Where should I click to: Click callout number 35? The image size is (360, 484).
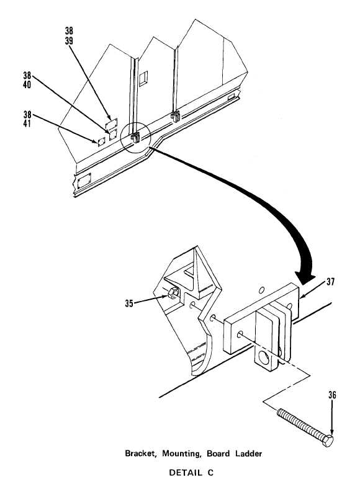click(x=128, y=303)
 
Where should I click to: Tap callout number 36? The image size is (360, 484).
click(x=332, y=395)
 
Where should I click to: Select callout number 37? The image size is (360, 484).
click(x=330, y=282)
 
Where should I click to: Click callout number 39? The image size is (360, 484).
click(x=69, y=41)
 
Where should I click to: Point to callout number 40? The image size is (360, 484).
click(x=27, y=84)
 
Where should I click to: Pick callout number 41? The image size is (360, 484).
click(x=27, y=123)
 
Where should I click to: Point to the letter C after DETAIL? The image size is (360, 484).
click(x=210, y=473)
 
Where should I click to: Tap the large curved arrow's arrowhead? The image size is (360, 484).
click(x=305, y=277)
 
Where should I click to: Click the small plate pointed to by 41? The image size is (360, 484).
click(x=101, y=141)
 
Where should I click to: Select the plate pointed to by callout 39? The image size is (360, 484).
click(x=111, y=123)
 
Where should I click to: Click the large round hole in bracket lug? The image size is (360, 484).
click(x=264, y=358)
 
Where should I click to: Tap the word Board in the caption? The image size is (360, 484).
click(x=218, y=454)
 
